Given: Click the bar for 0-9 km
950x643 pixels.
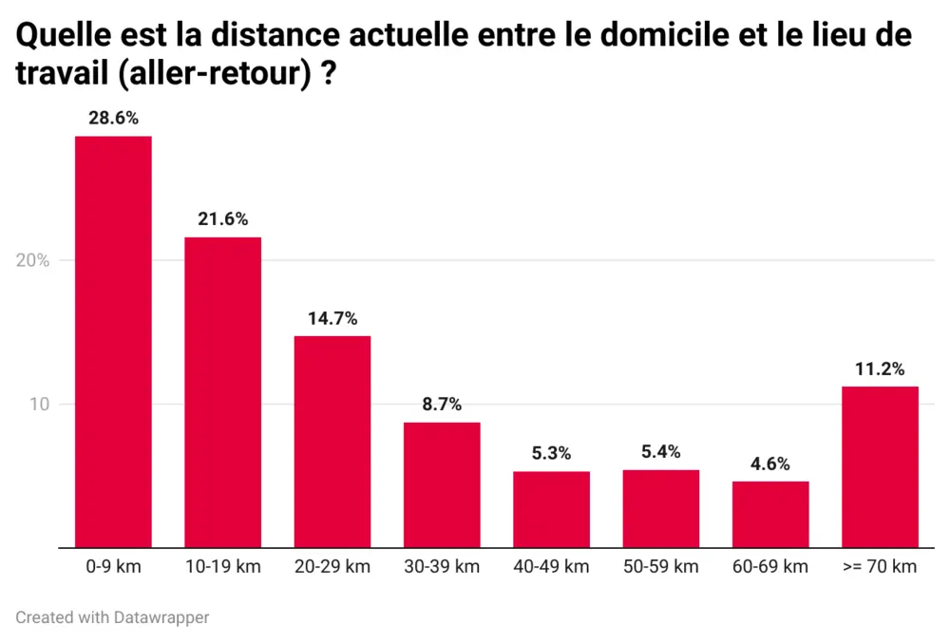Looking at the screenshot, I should pyautogui.click(x=113, y=342).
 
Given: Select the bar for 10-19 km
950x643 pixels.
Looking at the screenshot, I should pyautogui.click(x=222, y=392).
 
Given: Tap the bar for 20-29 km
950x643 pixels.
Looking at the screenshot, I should pyautogui.click(x=332, y=442).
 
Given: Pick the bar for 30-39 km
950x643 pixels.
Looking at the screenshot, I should pyautogui.click(x=442, y=484).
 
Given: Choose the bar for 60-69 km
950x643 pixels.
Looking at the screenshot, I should pyautogui.click(x=770, y=514).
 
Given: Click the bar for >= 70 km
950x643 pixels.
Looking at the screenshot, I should pyautogui.click(x=880, y=466).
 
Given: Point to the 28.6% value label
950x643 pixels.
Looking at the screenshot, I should pyautogui.click(x=113, y=119).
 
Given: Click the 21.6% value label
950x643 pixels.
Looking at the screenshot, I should pyautogui.click(x=222, y=219).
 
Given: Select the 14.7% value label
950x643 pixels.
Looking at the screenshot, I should pyautogui.click(x=332, y=318).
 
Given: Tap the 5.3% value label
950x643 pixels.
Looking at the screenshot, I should pyautogui.click(x=551, y=454).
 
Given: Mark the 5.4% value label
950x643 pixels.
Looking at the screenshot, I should pyautogui.click(x=661, y=452).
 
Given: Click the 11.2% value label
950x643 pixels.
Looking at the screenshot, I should pyautogui.click(x=880, y=369).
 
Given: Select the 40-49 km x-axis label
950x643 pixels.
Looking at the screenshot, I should pyautogui.click(x=551, y=567).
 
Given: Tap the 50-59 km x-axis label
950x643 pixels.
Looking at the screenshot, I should pyautogui.click(x=661, y=567).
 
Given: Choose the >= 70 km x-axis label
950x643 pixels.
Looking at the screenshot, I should pyautogui.click(x=880, y=567).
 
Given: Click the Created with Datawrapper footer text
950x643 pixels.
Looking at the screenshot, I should pyautogui.click(x=112, y=617).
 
